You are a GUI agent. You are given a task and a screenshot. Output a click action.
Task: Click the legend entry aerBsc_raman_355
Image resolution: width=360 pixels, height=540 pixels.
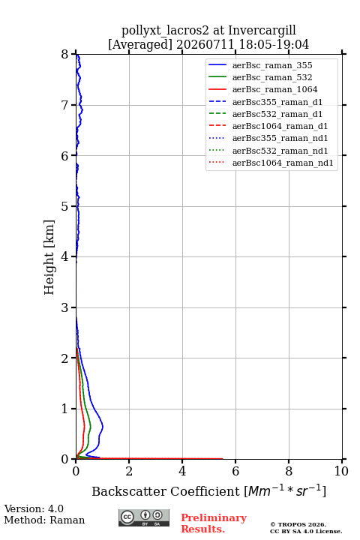click(272, 65)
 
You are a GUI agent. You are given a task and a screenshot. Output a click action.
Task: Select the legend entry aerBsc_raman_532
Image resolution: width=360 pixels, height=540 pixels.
click(272, 77)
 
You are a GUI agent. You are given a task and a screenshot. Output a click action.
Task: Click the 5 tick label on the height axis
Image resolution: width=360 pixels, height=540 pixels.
click(65, 206)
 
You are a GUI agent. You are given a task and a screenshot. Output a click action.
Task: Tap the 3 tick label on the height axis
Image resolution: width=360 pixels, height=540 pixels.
click(65, 307)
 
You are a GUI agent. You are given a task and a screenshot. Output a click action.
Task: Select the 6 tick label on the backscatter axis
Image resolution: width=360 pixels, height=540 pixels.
click(235, 471)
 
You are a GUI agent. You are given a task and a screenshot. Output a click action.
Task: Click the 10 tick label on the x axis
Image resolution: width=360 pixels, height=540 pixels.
click(341, 471)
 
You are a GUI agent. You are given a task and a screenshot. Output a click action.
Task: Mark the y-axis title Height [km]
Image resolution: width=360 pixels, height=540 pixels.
click(49, 257)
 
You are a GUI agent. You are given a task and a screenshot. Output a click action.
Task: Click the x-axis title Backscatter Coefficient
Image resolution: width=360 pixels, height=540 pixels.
click(165, 491)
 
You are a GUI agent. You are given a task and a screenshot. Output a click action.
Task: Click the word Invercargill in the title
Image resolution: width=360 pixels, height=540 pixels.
click(262, 30)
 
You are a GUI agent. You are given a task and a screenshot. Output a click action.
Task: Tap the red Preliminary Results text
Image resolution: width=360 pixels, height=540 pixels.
click(214, 523)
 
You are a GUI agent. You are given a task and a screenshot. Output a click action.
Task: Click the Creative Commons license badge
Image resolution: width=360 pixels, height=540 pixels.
click(144, 517)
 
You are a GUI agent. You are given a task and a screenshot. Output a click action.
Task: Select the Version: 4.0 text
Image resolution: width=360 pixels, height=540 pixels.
click(34, 508)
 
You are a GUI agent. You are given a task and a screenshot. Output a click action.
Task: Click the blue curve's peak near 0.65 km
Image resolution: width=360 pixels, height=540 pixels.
click(103, 426)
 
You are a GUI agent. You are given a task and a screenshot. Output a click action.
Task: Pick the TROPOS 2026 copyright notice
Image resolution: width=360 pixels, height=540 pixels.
click(298, 524)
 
